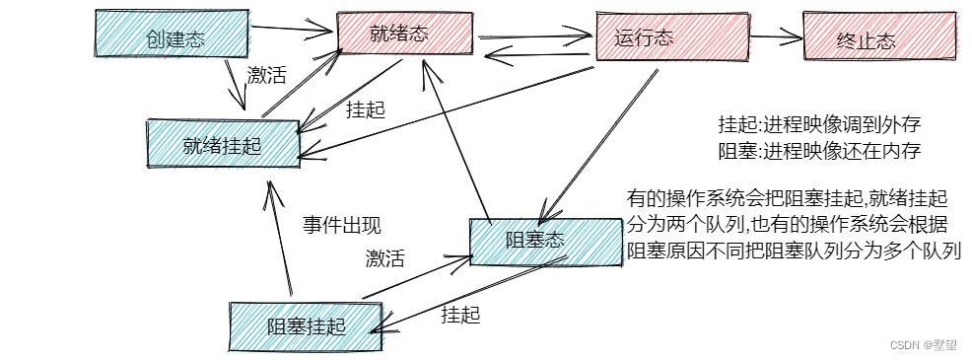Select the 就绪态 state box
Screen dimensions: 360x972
(x=404, y=34)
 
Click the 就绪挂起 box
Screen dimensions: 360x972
(x=222, y=145)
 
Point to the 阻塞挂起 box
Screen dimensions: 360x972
(x=305, y=325)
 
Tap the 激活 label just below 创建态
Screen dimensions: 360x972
(x=265, y=75)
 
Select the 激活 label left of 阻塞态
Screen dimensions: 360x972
(x=384, y=258)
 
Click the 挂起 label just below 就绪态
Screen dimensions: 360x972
(x=365, y=109)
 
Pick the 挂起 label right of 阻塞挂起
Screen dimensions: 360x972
(x=460, y=315)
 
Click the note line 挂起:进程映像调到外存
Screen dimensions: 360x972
(x=819, y=125)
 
